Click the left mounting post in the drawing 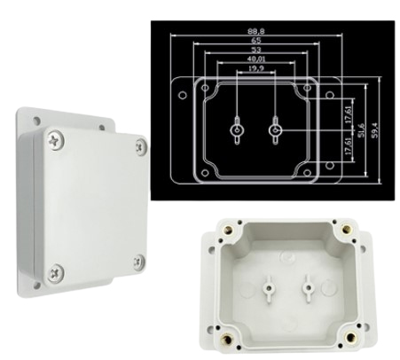(x=238, y=131)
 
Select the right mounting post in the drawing (x=275, y=131)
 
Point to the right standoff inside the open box (x=308, y=286)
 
